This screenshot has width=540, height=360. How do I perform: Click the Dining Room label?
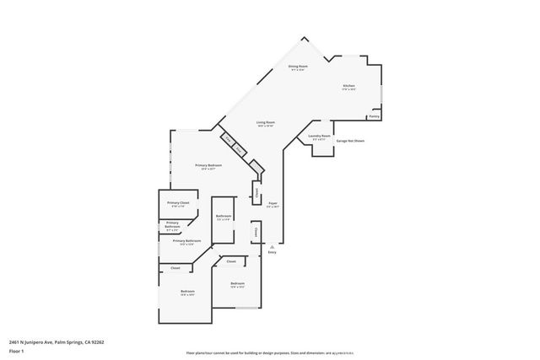tap(297, 66)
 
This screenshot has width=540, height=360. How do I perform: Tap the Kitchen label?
tap(348, 85)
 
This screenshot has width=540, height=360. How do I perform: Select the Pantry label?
tap(374, 116)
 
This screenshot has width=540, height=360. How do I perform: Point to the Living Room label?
tap(266, 123)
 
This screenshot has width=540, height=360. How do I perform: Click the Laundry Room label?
tap(318, 136)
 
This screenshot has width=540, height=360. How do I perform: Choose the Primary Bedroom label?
tap(208, 165)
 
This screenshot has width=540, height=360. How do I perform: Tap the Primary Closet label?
tap(177, 203)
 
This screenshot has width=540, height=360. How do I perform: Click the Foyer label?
tap(273, 203)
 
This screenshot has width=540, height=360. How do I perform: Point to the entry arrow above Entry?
tap(272, 245)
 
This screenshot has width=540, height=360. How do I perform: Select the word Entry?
tap(272, 253)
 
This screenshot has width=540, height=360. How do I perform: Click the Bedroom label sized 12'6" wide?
tap(237, 283)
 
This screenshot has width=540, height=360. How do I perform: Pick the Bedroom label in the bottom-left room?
tap(187, 292)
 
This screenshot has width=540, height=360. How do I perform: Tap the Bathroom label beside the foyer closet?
tap(223, 217)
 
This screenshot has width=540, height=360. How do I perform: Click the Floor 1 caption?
tap(15, 351)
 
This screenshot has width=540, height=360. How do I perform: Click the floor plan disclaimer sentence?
tap(270, 353)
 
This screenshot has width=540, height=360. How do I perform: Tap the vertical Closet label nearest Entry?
tap(253, 230)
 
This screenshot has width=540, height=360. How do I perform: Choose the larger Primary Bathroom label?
tap(187, 241)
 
